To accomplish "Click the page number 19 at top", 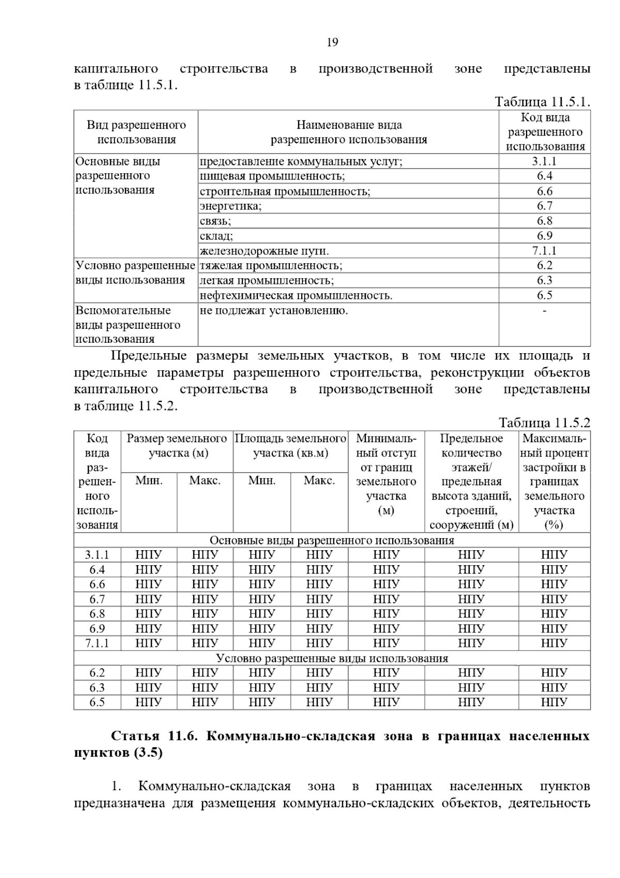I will pos(332,42).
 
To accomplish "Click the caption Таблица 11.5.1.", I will pos(542,101).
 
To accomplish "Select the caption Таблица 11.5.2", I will pos(544,422).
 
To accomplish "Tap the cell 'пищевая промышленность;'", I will pos(272,176).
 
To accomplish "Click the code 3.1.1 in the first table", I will pos(544,161).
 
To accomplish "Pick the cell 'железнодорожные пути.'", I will pos(264,251).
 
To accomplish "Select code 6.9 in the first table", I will pos(544,236).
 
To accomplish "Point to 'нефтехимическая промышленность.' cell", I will pos(296,296).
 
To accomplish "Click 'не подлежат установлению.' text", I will pos(274,311).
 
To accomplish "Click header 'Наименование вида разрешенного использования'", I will pos(349,132).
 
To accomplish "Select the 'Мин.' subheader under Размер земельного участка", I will pos(149,481).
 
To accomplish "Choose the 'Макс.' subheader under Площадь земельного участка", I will pos(319,481).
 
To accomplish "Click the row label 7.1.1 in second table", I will pos(97,643).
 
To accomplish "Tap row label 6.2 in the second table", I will pos(97,673).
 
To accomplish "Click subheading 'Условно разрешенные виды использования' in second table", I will pos(332,658).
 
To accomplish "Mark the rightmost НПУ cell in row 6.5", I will pos(554,703).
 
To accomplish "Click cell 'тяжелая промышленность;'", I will pos(271,266).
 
